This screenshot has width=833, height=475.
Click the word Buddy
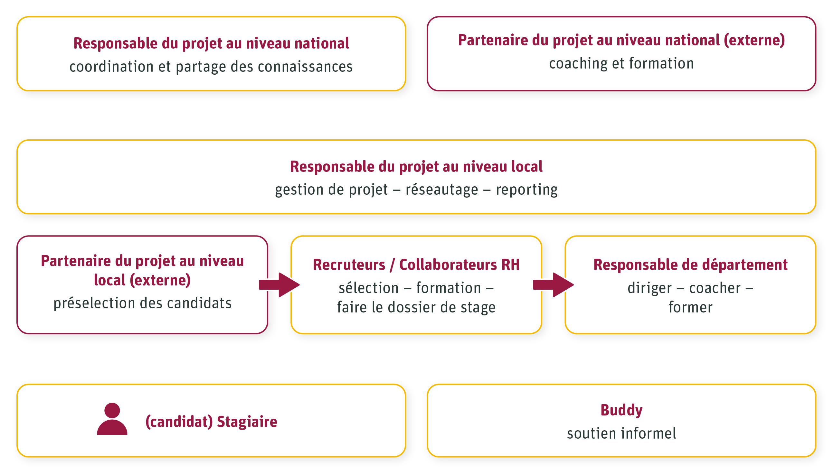pos(621,410)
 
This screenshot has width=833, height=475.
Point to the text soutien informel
pos(621,433)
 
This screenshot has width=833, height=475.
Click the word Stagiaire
pos(247,422)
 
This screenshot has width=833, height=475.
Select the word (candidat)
pos(179,422)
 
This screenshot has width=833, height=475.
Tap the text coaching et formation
pos(621,63)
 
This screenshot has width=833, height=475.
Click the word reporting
pos(526,190)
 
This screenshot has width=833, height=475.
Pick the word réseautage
pos(442,190)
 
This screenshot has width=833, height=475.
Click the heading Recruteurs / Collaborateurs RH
pos(416,265)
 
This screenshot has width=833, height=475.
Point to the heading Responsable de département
pos(690,265)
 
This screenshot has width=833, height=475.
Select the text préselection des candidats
pos(142,303)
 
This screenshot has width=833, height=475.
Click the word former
pos(690,307)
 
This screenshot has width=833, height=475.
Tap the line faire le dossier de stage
pos(416,307)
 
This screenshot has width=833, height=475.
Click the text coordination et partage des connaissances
pos(211,67)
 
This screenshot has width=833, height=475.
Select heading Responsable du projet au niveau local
pos(416,166)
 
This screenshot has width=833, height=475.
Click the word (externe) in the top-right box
pos(754,40)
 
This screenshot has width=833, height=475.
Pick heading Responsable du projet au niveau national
pos(211,43)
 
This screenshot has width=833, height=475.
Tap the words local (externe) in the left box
pos(142,280)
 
